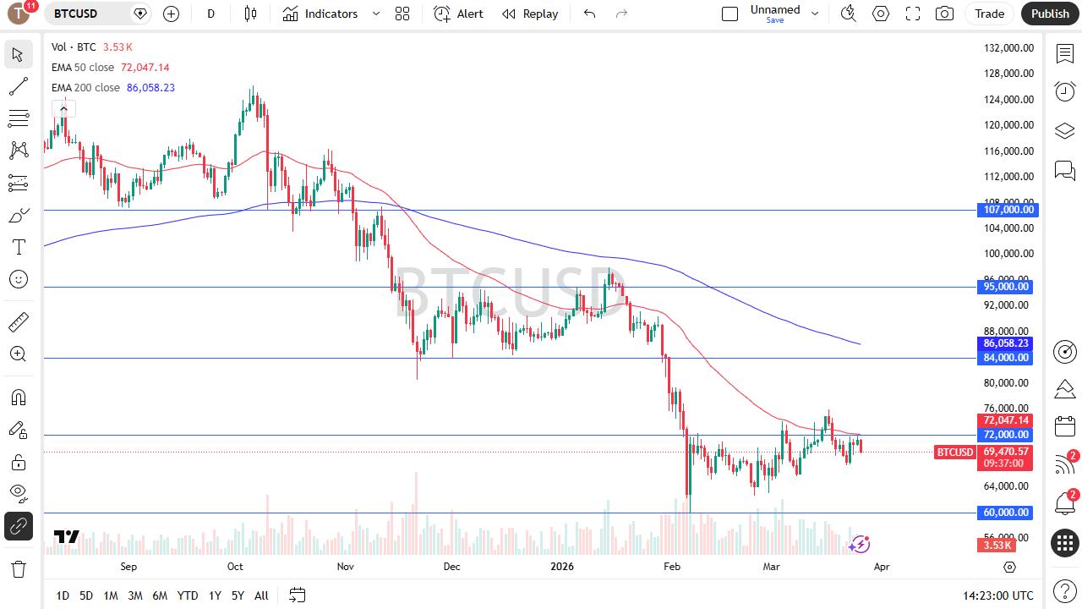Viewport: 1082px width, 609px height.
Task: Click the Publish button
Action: pyautogui.click(x=1050, y=14)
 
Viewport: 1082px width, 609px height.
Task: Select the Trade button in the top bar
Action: pyautogui.click(x=989, y=14)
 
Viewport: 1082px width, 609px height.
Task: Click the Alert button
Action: pyautogui.click(x=459, y=14)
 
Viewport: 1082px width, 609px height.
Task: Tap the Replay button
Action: pyautogui.click(x=530, y=14)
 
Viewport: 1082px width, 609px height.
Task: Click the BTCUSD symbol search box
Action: pyautogui.click(x=88, y=14)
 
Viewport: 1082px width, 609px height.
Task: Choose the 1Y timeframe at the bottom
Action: pyautogui.click(x=215, y=595)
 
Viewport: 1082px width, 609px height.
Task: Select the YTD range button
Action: pyautogui.click(x=188, y=595)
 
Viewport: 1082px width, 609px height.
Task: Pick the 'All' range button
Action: pyautogui.click(x=261, y=595)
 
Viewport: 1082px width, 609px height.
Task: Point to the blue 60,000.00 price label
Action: pyautogui.click(x=1006, y=513)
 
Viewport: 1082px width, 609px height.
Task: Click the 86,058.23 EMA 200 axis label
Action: pyautogui.click(x=1006, y=343)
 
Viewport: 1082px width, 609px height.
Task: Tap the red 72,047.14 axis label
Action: pyautogui.click(x=1006, y=420)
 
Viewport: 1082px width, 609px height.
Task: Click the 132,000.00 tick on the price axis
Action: pyautogui.click(x=1008, y=48)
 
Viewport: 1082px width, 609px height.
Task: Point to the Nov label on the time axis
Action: pyautogui.click(x=345, y=567)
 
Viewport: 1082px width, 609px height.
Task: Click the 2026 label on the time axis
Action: pyautogui.click(x=561, y=567)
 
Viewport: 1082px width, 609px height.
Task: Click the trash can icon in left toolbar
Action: pyautogui.click(x=18, y=568)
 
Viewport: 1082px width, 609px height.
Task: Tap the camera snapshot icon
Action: pyautogui.click(x=944, y=14)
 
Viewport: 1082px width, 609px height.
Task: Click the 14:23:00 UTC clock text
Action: pyautogui.click(x=997, y=595)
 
